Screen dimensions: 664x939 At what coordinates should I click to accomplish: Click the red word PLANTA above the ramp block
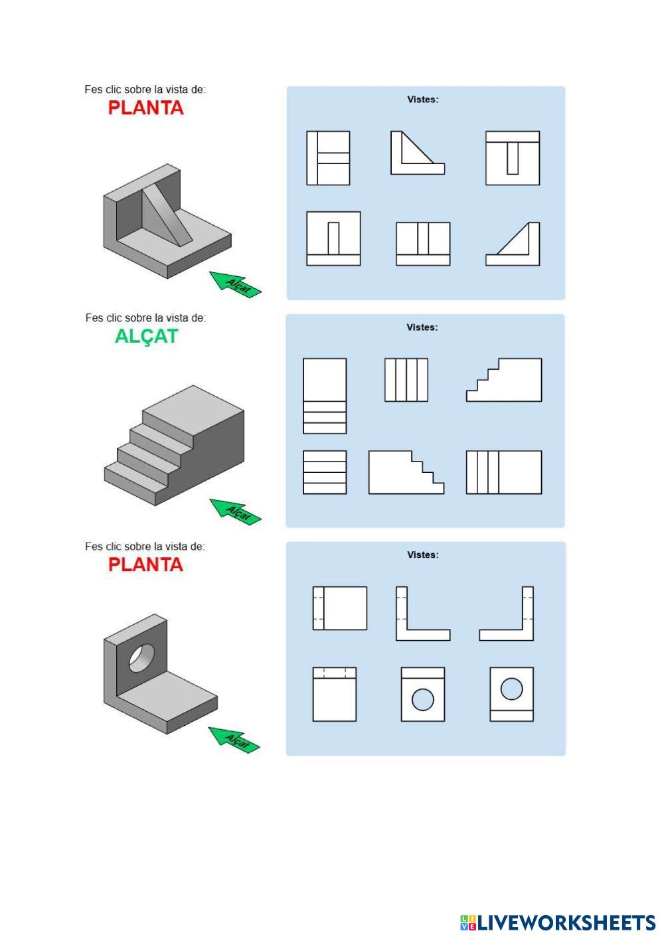pos(145,108)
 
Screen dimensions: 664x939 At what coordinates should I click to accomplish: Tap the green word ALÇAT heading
pos(146,337)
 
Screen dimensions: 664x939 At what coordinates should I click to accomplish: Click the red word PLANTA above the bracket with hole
pos(145,564)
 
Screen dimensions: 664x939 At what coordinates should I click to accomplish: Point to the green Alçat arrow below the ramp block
pos(235,284)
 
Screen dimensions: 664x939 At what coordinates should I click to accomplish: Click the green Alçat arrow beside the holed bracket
pos(234,740)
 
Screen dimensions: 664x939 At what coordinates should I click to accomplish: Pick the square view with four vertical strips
pos(406,380)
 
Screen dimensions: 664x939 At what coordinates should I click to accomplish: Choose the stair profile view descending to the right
pos(406,472)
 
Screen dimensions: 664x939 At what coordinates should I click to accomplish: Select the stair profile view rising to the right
pos(504,380)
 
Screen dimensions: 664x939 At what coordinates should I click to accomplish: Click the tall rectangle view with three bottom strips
pos(325,396)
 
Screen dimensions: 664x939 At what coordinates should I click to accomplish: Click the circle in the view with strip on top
pos(422,700)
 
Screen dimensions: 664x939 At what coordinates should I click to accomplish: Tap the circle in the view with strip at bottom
pos(511,689)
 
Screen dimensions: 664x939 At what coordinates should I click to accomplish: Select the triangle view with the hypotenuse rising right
pos(513,244)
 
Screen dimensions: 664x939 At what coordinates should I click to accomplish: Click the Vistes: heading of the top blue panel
pos(423,100)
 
